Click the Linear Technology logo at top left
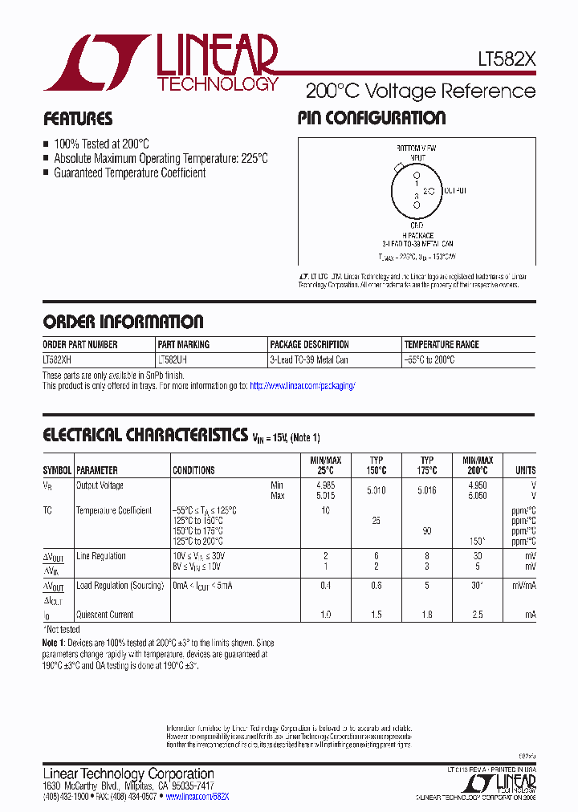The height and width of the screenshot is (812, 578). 161,62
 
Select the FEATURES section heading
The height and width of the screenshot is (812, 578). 77,119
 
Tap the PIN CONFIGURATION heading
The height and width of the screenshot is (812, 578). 371,118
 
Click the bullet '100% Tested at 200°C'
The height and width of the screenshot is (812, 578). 101,144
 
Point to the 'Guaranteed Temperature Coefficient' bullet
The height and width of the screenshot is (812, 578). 129,173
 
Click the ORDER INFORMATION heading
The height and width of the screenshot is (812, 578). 123,322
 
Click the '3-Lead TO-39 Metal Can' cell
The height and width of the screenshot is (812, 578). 309,360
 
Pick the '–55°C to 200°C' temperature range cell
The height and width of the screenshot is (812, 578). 429,360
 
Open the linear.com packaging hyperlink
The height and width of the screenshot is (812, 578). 302,386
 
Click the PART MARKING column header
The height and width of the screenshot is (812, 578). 184,344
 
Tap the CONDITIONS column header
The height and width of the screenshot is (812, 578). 193,470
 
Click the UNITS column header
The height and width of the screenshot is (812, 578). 525,470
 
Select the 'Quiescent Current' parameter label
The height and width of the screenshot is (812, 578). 104,615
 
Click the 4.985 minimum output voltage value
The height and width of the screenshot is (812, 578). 325,485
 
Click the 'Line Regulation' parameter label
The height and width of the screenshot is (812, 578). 100,556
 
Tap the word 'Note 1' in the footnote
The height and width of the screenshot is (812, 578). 55,644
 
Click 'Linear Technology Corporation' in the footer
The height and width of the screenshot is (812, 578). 128,773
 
